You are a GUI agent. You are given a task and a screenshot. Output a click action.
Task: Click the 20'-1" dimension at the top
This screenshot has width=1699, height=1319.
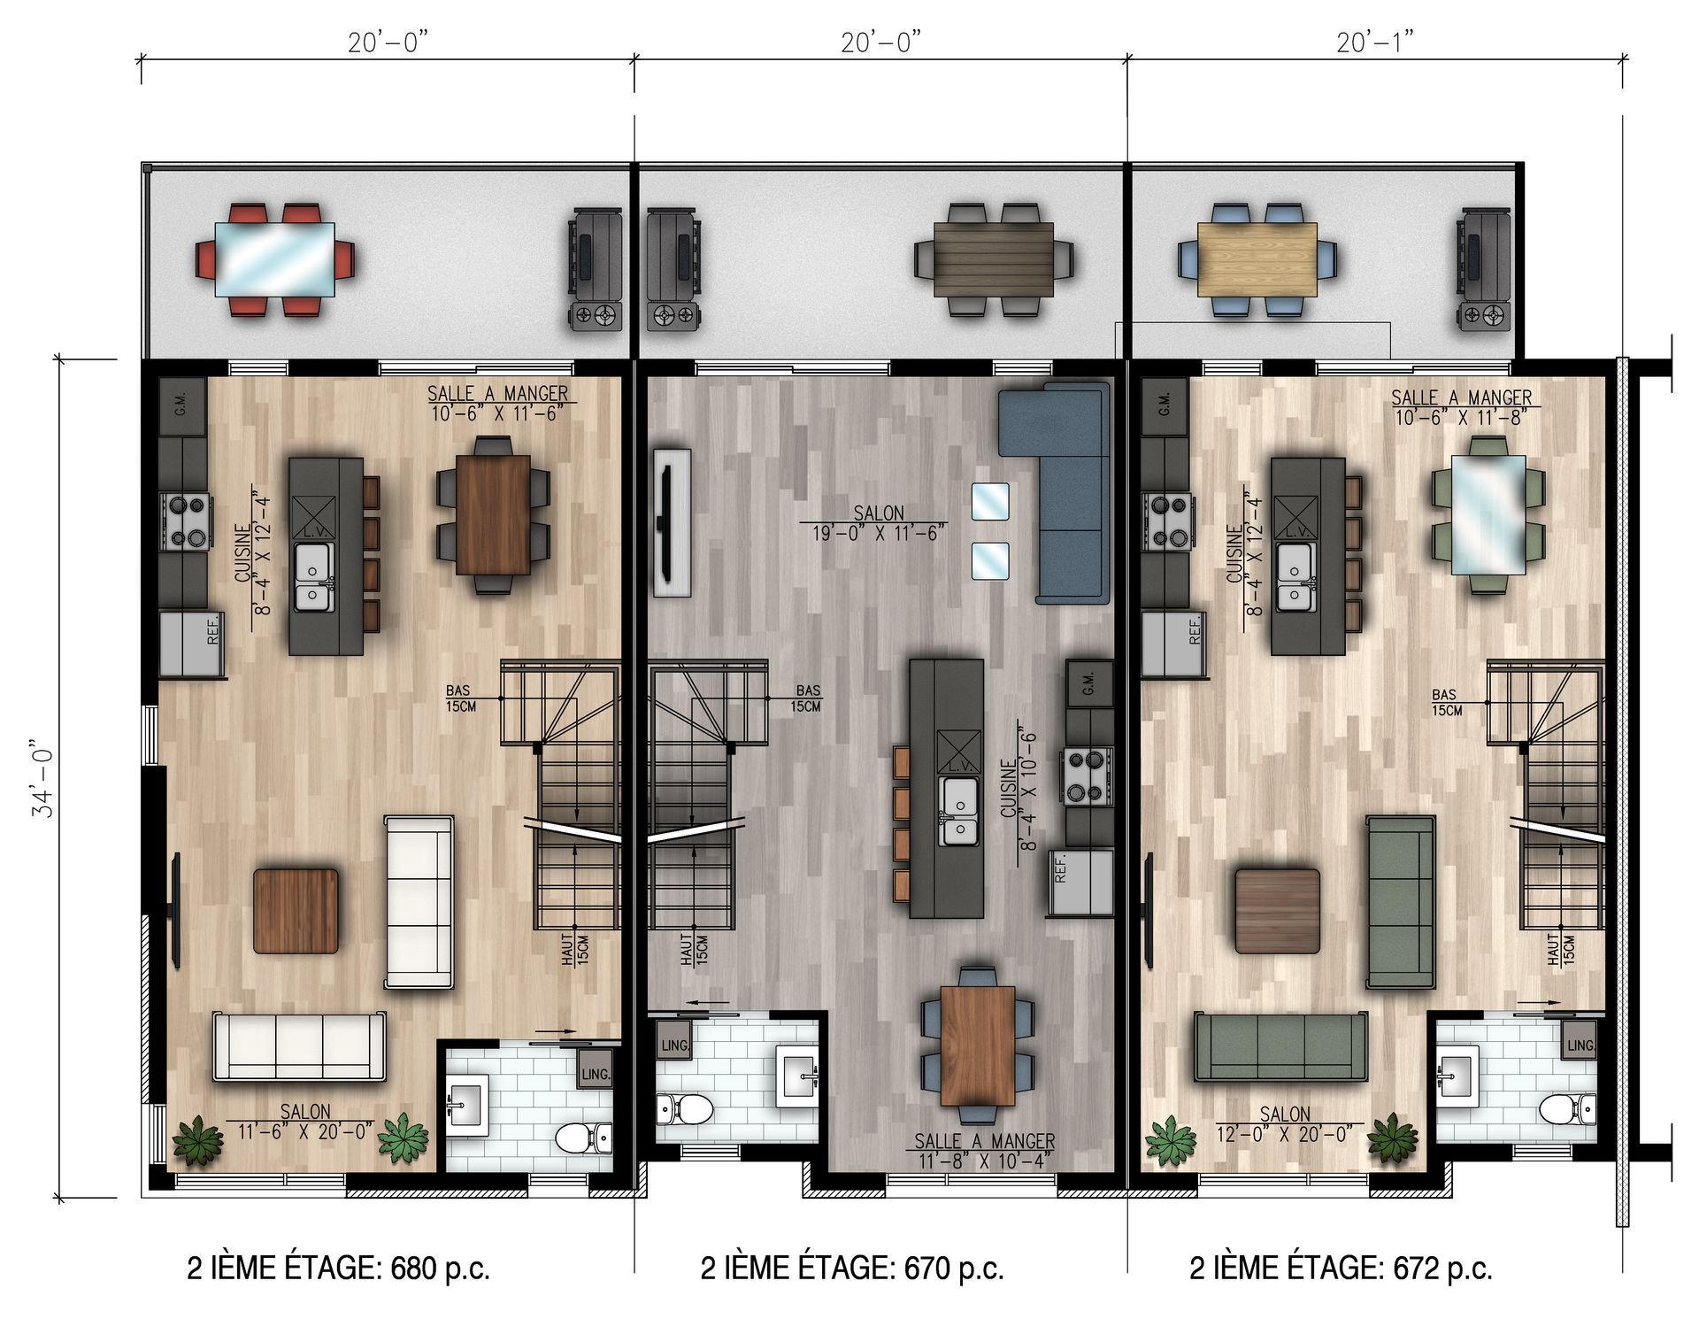pyautogui.click(x=1374, y=42)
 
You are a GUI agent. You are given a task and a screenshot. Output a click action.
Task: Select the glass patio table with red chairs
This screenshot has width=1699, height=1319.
pyautogui.click(x=275, y=259)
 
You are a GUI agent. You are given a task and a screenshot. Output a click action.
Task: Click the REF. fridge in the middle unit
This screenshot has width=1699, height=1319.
pyautogui.click(x=1080, y=882)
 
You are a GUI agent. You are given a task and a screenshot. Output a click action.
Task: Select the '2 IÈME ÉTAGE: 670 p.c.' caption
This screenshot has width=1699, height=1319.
pyautogui.click(x=852, y=1269)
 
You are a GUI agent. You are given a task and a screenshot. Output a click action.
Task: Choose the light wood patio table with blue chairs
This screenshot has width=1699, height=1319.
pyautogui.click(x=1257, y=259)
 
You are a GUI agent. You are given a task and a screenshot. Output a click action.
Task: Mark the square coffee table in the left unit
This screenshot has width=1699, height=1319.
pyautogui.click(x=296, y=911)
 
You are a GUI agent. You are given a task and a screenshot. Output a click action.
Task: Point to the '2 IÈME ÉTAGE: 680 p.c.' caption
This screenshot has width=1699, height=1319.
pyautogui.click(x=338, y=1269)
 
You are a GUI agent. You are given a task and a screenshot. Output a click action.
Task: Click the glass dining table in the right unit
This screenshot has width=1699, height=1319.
pyautogui.click(x=1488, y=514)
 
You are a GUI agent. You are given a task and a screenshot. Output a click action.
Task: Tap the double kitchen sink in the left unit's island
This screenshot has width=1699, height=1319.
pyautogui.click(x=312, y=576)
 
